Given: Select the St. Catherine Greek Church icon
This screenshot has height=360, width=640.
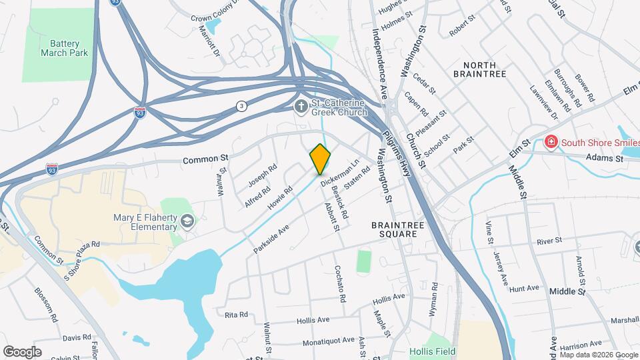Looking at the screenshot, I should coord(301,106).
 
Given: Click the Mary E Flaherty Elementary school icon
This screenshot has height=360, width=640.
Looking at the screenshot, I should coord(189,221).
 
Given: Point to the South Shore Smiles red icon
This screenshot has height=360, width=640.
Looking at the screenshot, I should coord(551,141).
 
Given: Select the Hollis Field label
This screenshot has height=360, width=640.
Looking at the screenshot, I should coord(435,350).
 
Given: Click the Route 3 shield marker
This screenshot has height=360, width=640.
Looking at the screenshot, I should coord(241,107).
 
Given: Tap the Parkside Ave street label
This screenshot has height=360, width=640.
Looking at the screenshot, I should coord(271,239).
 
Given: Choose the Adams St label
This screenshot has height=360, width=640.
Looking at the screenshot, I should coord(604,159).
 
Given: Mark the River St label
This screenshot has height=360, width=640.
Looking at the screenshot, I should coord(549,239).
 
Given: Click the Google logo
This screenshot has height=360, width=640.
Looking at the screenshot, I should coord(22,351).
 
